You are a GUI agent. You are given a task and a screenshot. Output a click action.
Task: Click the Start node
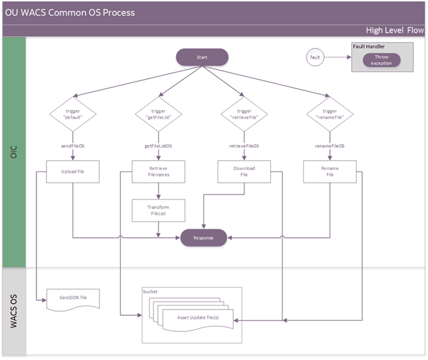[202, 57]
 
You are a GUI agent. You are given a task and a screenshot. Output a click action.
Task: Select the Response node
[203, 238]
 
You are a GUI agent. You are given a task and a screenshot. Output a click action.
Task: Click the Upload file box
[73, 172]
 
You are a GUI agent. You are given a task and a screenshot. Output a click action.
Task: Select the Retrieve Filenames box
[158, 172]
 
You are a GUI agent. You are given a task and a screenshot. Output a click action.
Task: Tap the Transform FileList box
[158, 211]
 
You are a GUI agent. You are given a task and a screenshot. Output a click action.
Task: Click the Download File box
[244, 172]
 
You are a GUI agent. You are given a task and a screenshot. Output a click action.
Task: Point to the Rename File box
[329, 172]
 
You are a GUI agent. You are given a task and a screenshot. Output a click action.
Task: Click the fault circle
[315, 57]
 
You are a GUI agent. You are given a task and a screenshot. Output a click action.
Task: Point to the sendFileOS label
[73, 146]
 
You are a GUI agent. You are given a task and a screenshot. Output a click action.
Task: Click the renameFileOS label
[330, 146]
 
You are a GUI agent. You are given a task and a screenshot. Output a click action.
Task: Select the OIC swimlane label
[14, 152]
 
